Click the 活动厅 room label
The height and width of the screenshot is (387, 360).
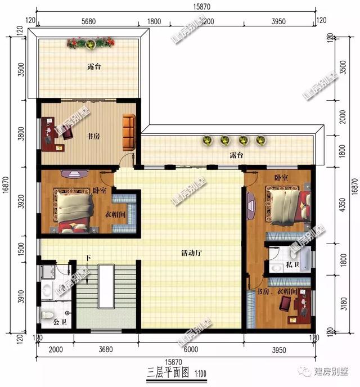192,253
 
